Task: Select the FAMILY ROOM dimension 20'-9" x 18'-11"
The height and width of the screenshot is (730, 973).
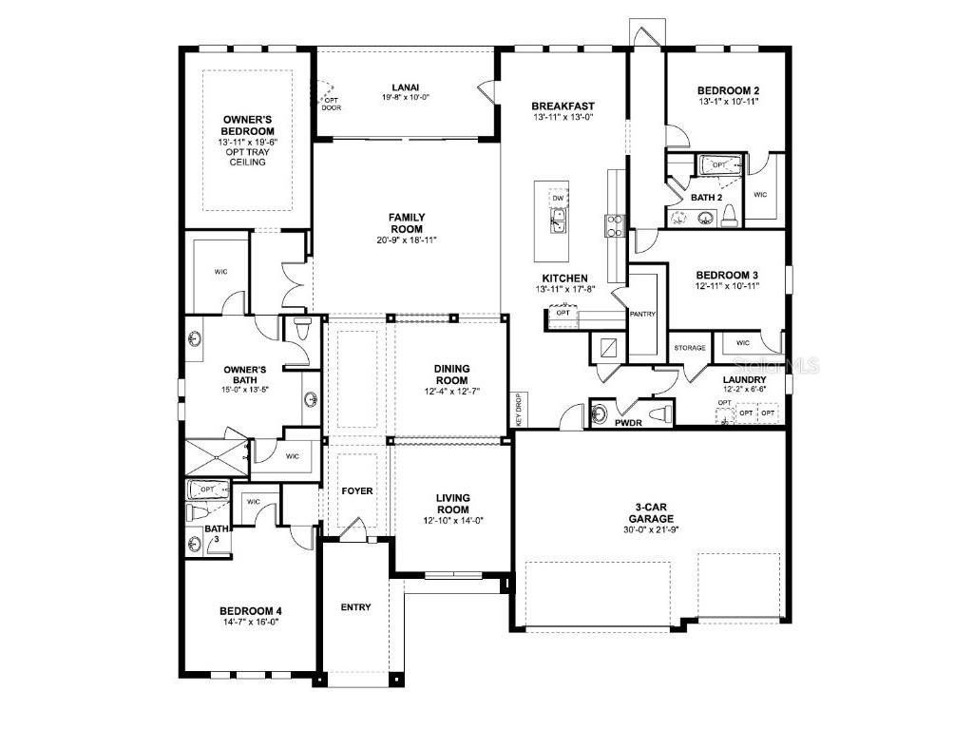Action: coord(407,240)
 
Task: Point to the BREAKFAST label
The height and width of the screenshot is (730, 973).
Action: coord(563,106)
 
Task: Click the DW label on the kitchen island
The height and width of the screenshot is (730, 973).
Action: coord(558,198)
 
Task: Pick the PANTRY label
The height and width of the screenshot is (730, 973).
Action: coord(642,314)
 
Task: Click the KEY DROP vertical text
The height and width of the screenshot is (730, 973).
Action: coord(519,410)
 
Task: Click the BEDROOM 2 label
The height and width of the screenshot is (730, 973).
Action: coord(728,90)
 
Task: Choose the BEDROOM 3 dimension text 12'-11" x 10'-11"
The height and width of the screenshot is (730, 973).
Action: coord(727,285)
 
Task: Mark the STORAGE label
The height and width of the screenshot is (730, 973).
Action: coord(690,348)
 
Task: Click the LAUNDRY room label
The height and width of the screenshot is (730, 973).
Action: coord(745,378)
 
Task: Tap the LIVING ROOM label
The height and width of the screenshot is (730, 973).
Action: coord(452,504)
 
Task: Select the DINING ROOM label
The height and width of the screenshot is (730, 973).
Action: coord(451,375)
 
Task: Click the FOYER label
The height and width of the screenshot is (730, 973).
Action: coord(357,490)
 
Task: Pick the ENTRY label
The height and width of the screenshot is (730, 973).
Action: coord(355,607)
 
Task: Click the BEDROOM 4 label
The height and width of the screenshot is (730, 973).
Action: coord(251,611)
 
